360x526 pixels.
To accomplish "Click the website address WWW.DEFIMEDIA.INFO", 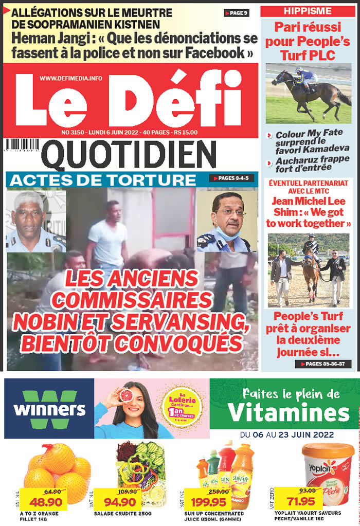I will click(71, 78).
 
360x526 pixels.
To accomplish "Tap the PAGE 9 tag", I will click(237, 13).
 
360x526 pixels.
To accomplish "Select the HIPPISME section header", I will click(308, 11).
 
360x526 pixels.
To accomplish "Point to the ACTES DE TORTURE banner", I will click(103, 180).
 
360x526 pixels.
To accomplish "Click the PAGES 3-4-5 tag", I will click(230, 178).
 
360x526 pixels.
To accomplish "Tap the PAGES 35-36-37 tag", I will click(323, 364).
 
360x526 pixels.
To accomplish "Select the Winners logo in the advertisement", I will click(49, 409).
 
